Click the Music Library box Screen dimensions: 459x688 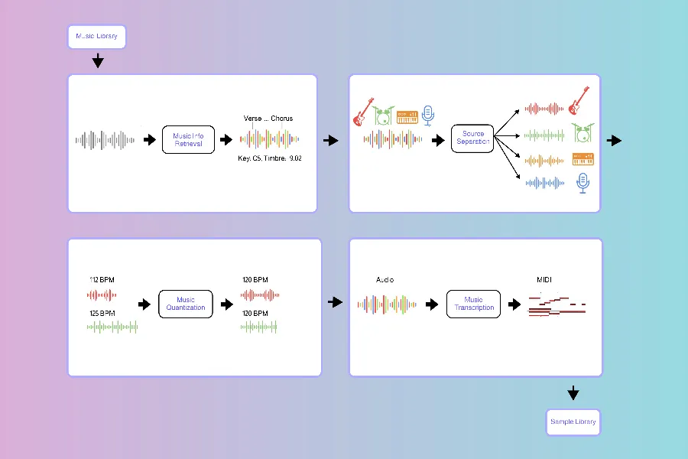(x=96, y=37)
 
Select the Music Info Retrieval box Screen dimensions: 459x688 (x=188, y=140)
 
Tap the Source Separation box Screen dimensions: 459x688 (x=472, y=138)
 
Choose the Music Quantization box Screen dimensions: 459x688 (x=186, y=304)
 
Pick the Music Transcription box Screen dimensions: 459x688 (x=473, y=304)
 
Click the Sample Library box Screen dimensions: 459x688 (x=573, y=422)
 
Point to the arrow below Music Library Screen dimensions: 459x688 (x=98, y=62)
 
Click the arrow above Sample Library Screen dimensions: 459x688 (x=573, y=394)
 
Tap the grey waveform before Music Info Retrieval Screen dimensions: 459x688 (x=105, y=140)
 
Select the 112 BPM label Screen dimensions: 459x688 (x=102, y=279)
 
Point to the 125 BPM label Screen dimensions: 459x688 (x=102, y=314)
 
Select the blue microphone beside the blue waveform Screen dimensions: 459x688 (x=583, y=182)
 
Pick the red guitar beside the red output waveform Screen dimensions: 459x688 (x=579, y=100)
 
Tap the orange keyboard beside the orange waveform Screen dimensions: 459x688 (x=584, y=159)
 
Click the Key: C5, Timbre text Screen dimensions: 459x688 (x=260, y=158)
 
